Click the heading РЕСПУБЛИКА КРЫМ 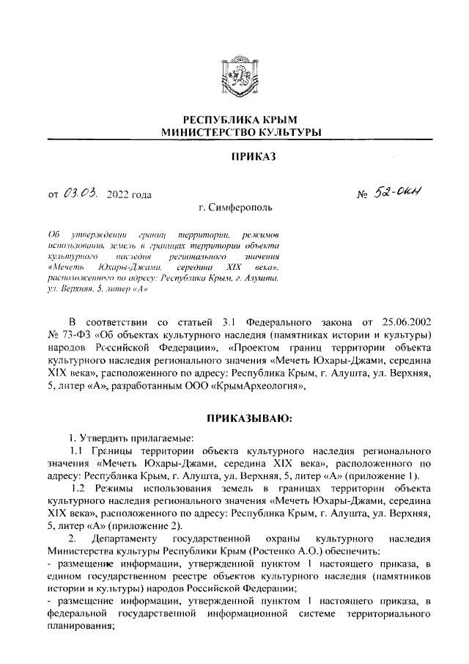click(x=234, y=120)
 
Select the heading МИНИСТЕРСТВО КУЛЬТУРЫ click(x=234, y=132)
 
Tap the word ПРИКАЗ click(x=234, y=156)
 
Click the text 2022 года click(x=129, y=195)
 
